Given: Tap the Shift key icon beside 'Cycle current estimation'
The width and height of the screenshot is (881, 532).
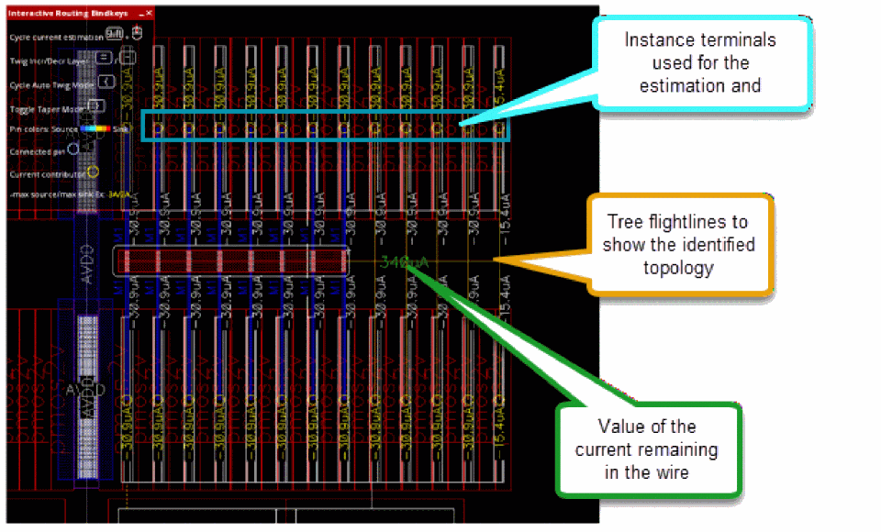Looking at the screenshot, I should click(114, 34).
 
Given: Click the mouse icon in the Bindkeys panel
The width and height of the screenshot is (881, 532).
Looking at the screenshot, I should click(137, 34).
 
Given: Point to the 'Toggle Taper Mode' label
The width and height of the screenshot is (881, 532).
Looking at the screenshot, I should click(46, 106).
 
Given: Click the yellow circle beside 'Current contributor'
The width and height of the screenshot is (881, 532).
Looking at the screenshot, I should click(93, 171).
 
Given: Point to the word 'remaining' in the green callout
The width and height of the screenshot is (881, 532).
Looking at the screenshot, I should click(680, 450).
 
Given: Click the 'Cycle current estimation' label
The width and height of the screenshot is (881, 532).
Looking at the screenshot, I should click(54, 37).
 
